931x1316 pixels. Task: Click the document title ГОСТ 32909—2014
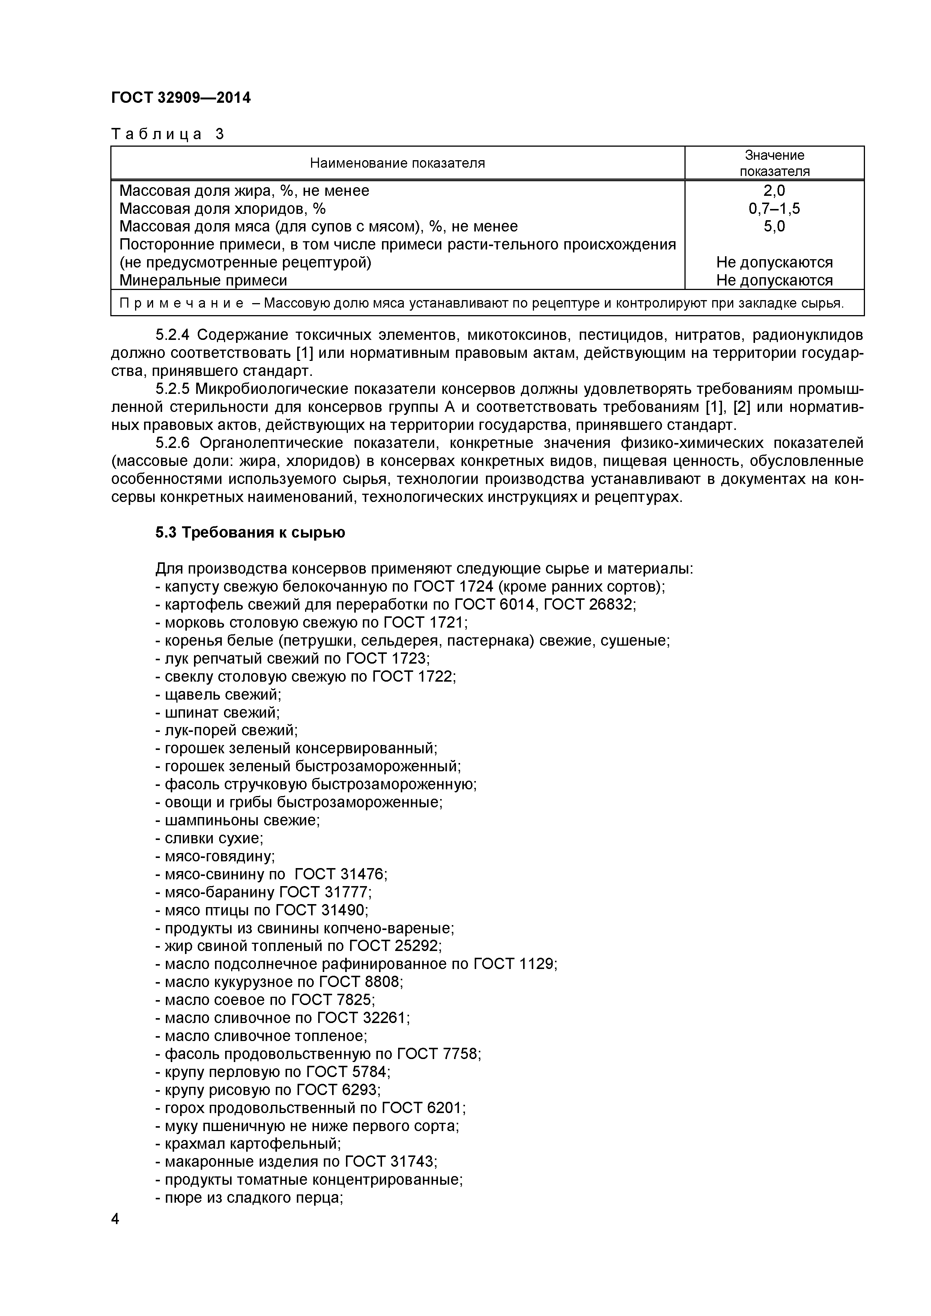tap(180, 98)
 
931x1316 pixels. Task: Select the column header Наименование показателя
tap(397, 163)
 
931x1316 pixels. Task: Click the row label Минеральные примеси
tap(203, 280)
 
